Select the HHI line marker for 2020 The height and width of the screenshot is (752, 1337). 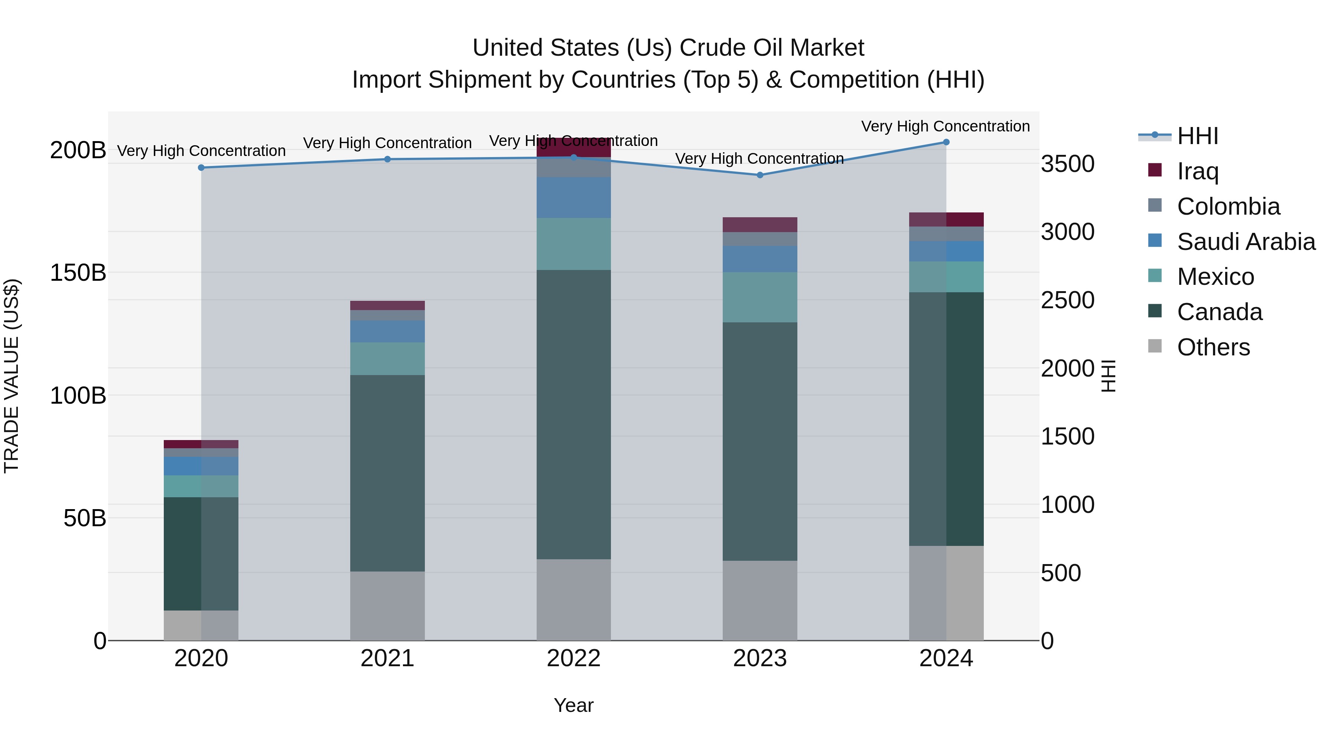click(x=201, y=167)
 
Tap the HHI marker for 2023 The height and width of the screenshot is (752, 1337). click(x=760, y=175)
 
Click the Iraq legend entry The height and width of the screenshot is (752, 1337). click(x=1197, y=171)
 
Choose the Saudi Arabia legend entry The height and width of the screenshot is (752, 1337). click(x=1246, y=241)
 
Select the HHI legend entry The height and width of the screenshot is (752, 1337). click(x=1197, y=136)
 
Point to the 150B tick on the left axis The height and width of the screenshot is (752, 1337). click(x=78, y=273)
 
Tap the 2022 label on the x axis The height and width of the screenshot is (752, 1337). click(x=573, y=658)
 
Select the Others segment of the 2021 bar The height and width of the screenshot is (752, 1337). click(x=387, y=606)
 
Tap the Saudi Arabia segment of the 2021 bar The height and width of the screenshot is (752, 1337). click(x=387, y=331)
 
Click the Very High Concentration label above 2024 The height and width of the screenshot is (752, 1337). click(x=945, y=126)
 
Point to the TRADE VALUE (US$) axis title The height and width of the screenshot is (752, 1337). click(x=12, y=376)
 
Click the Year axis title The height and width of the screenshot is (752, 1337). click(x=573, y=705)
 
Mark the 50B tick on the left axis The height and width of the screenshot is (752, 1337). click(x=84, y=518)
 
